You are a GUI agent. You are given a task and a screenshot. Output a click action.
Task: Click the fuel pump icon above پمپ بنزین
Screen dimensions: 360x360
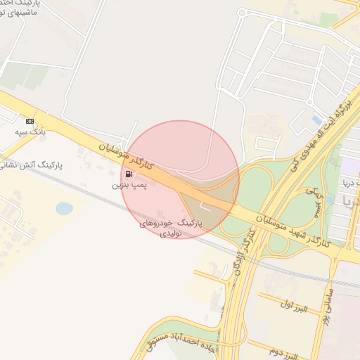pyautogui.click(x=128, y=174)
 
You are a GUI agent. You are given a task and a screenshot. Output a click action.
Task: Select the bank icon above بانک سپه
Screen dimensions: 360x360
pyautogui.click(x=29, y=121)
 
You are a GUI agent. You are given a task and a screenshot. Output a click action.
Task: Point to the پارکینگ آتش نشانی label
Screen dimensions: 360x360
pyautogui.click(x=31, y=166)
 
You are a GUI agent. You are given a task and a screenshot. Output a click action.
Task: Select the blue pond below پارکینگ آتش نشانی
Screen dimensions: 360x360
pyautogui.click(x=64, y=208)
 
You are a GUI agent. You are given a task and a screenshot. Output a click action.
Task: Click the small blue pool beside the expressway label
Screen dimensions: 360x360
pyautogui.click(x=317, y=120)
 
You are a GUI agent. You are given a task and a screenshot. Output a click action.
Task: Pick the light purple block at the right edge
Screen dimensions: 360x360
pyautogui.click(x=349, y=167)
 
